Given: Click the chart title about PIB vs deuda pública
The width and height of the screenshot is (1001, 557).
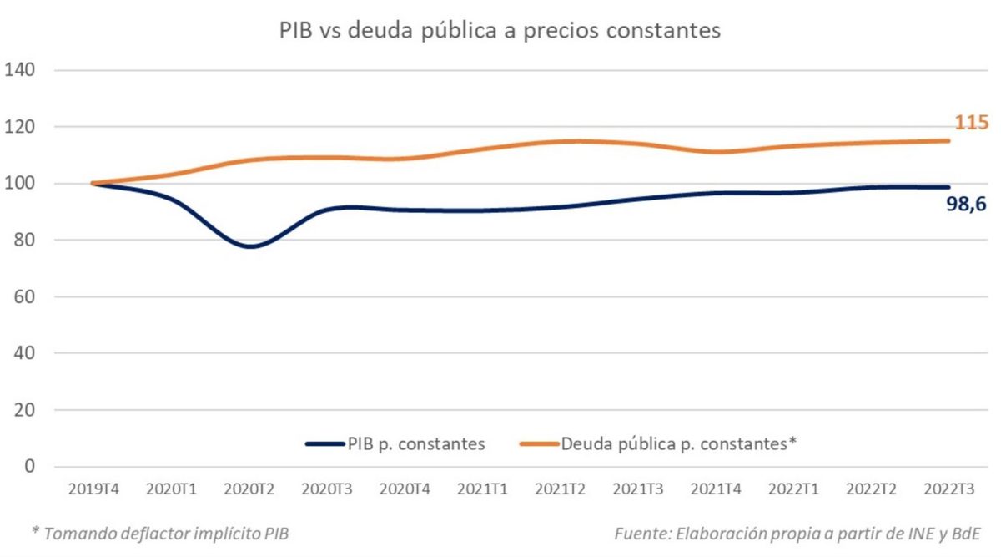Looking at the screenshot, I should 499,31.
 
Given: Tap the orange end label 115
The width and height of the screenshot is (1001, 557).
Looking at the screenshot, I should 972,124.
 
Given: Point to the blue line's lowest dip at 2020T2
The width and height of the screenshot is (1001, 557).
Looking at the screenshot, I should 250,246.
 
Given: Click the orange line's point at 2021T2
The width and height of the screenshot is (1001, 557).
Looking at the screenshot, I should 561,141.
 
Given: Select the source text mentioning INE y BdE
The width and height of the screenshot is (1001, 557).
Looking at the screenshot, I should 797,533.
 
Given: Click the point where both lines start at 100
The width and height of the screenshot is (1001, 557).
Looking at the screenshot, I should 94,183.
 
